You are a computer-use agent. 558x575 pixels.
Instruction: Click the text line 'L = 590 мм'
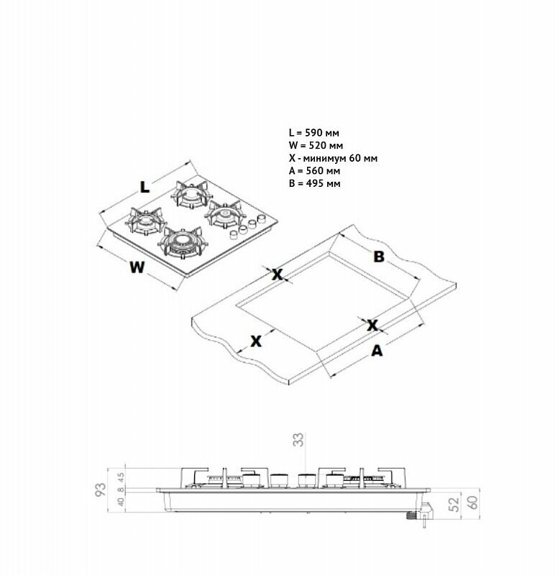[314, 133]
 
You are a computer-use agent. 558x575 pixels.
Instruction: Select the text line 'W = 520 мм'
[316, 146]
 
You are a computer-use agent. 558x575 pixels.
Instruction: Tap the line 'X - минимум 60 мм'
[333, 158]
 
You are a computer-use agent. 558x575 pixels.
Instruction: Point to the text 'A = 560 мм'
[314, 171]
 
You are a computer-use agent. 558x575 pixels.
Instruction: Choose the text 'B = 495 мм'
[314, 183]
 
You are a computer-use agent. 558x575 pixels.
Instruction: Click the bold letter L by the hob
[145, 187]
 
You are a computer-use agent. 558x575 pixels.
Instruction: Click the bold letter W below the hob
[137, 267]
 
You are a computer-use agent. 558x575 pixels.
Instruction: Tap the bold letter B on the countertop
[379, 257]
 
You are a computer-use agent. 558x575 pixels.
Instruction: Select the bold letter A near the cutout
[377, 351]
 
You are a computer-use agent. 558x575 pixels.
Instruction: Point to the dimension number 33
[298, 440]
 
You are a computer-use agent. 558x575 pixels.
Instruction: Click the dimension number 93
[101, 489]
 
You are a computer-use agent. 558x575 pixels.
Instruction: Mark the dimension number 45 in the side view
[121, 478]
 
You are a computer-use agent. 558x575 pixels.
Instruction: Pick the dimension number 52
[454, 505]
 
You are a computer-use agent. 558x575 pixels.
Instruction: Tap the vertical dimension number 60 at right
[473, 502]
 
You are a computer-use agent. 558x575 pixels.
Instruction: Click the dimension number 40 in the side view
[121, 502]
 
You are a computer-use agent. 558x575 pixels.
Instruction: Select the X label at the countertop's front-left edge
[256, 341]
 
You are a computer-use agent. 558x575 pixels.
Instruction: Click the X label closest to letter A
[372, 326]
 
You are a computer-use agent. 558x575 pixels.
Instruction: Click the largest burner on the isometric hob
[181, 242]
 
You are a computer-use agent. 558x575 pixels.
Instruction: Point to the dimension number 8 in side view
[121, 489]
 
